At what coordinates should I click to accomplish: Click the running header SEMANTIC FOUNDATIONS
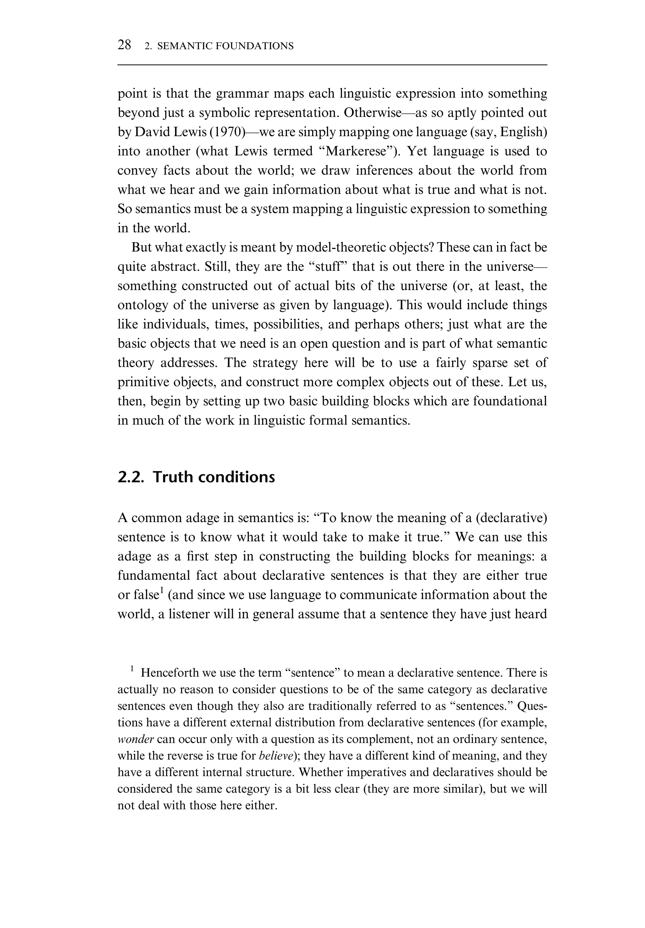225,46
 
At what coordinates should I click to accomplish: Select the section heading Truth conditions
214,477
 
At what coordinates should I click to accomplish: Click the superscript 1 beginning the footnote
132,669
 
